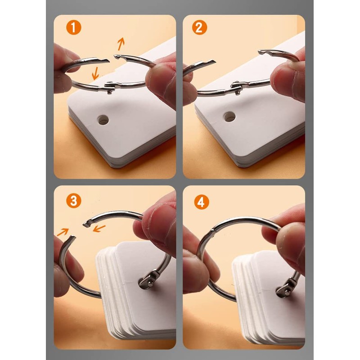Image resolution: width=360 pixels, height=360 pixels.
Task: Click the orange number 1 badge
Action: coord(74,27)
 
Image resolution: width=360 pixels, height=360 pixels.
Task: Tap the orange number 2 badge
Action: coord(199,27)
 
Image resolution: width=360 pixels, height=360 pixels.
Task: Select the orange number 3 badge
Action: coord(74,200)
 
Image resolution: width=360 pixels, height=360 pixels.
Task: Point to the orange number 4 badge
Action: coord(201,202)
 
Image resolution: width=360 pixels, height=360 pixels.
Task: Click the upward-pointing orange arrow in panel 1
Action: coord(121,44)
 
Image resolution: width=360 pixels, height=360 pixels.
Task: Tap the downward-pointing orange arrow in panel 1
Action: coord(95,73)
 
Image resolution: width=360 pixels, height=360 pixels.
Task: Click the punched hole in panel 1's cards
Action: coord(103,120)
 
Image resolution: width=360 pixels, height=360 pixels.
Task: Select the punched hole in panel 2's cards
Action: coord(229,117)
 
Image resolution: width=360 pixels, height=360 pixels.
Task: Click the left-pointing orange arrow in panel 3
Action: coord(99,229)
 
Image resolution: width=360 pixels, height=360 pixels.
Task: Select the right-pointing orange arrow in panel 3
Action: coord(63,232)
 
